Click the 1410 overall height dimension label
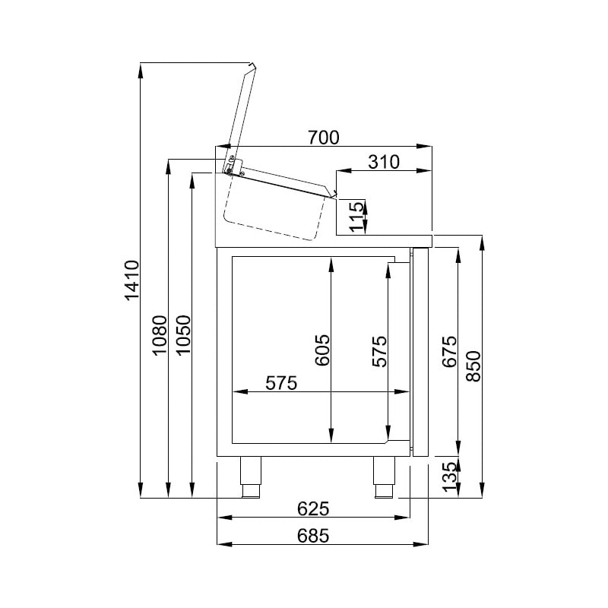click(132, 280)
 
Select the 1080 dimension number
click(160, 334)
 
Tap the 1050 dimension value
click(183, 334)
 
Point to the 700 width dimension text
click(324, 138)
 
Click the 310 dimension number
click(384, 162)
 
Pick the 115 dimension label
click(356, 216)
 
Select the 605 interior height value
click(322, 350)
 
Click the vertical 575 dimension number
click(379, 351)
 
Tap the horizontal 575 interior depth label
click(281, 383)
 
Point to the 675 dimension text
click(450, 351)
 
